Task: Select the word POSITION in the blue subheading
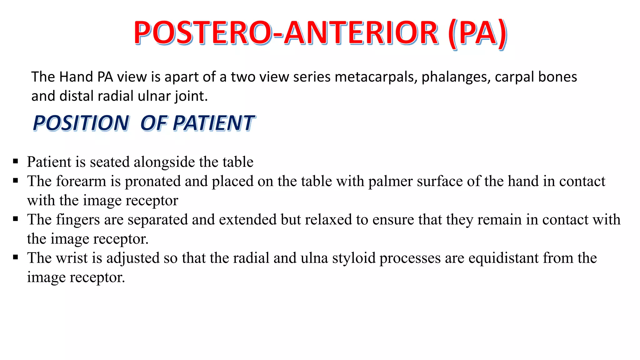tap(81, 123)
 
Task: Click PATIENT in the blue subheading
tap(214, 123)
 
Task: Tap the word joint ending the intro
tap(191, 96)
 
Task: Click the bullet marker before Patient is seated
tap(16, 162)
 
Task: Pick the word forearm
tap(81, 181)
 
